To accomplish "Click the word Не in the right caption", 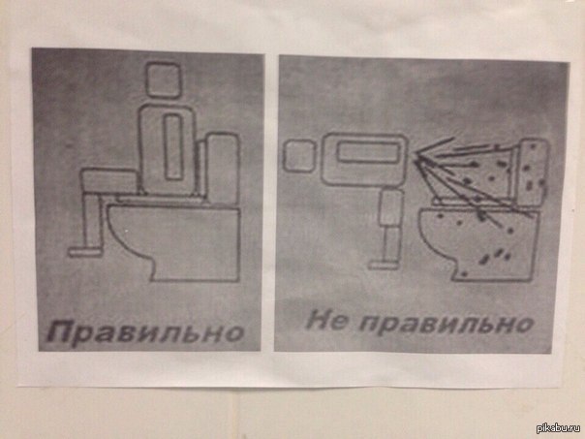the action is tap(325, 321).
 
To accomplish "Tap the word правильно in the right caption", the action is tap(446, 324).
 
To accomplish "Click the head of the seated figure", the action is tap(163, 80).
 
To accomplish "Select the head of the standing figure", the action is tap(298, 156).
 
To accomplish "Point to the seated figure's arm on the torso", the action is tap(173, 146).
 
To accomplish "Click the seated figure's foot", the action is tap(85, 252).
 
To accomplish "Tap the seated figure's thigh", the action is tap(109, 180).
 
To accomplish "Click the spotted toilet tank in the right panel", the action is tap(533, 172).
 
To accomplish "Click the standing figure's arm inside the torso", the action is tap(367, 152).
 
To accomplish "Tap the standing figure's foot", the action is tap(383, 266).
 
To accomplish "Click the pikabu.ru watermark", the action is tap(558, 427).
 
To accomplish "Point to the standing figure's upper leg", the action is tap(391, 207).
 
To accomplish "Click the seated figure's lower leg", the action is tap(91, 220).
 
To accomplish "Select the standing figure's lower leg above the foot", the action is tap(391, 244).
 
